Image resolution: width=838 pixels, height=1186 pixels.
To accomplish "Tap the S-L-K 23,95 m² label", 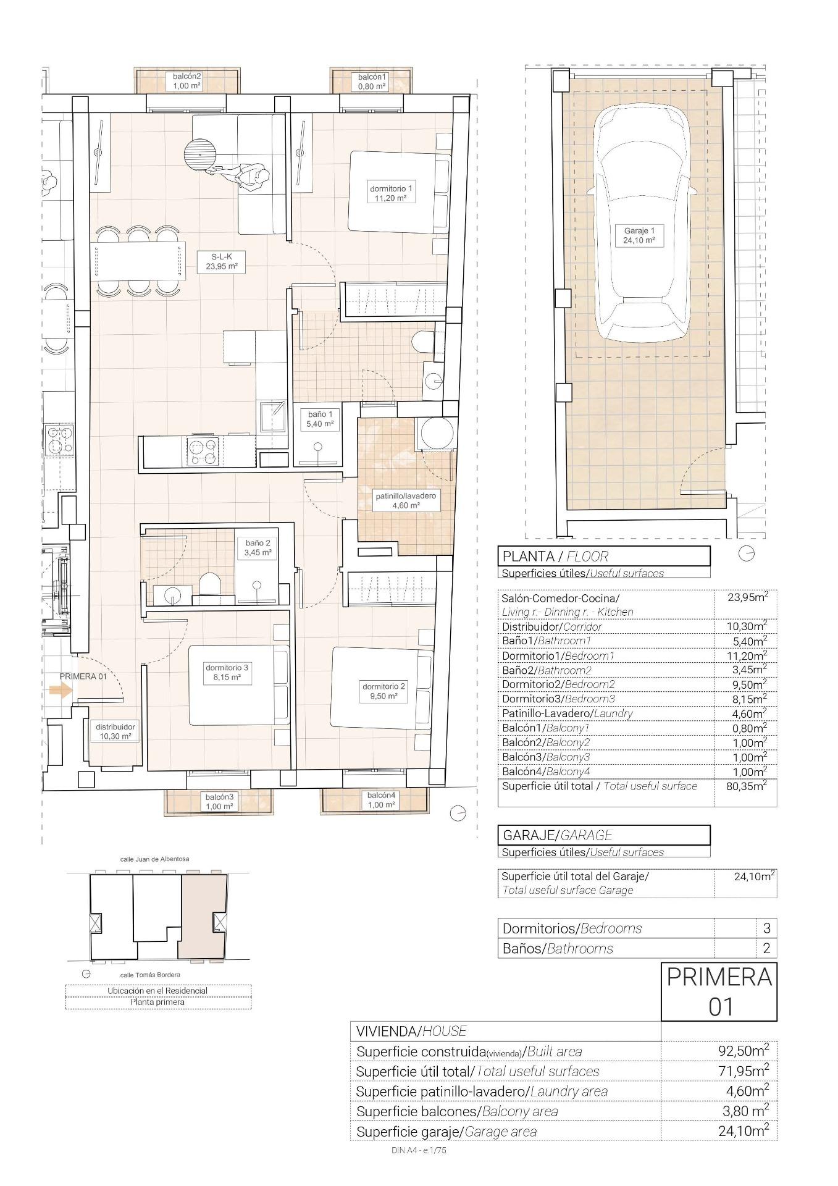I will coord(221,262).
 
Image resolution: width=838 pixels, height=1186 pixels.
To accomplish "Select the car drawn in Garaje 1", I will coord(641,222).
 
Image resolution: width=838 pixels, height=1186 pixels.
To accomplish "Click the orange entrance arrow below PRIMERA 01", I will coord(60,691).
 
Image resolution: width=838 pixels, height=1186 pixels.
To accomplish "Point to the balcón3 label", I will coord(219,801).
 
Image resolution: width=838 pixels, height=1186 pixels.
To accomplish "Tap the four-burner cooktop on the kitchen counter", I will coord(203,452).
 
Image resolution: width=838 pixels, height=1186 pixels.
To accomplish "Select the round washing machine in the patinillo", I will coord(437,433).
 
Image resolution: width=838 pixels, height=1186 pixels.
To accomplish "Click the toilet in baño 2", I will coord(210,584).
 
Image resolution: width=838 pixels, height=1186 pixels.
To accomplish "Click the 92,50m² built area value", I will coord(743,1051).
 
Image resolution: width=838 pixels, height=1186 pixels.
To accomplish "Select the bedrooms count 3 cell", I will coord(766,928).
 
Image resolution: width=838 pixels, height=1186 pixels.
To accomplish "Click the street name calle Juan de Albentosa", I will coord(154,859).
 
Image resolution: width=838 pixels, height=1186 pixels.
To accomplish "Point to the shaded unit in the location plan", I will coord(203,914).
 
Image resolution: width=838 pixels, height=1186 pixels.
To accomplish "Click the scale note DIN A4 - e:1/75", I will coord(419,1150).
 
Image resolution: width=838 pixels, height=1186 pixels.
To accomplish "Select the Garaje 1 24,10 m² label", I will coord(639,235).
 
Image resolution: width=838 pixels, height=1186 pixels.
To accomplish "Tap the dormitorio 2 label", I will coord(383,691).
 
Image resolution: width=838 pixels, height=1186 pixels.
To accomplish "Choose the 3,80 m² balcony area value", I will coord(745,1111).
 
